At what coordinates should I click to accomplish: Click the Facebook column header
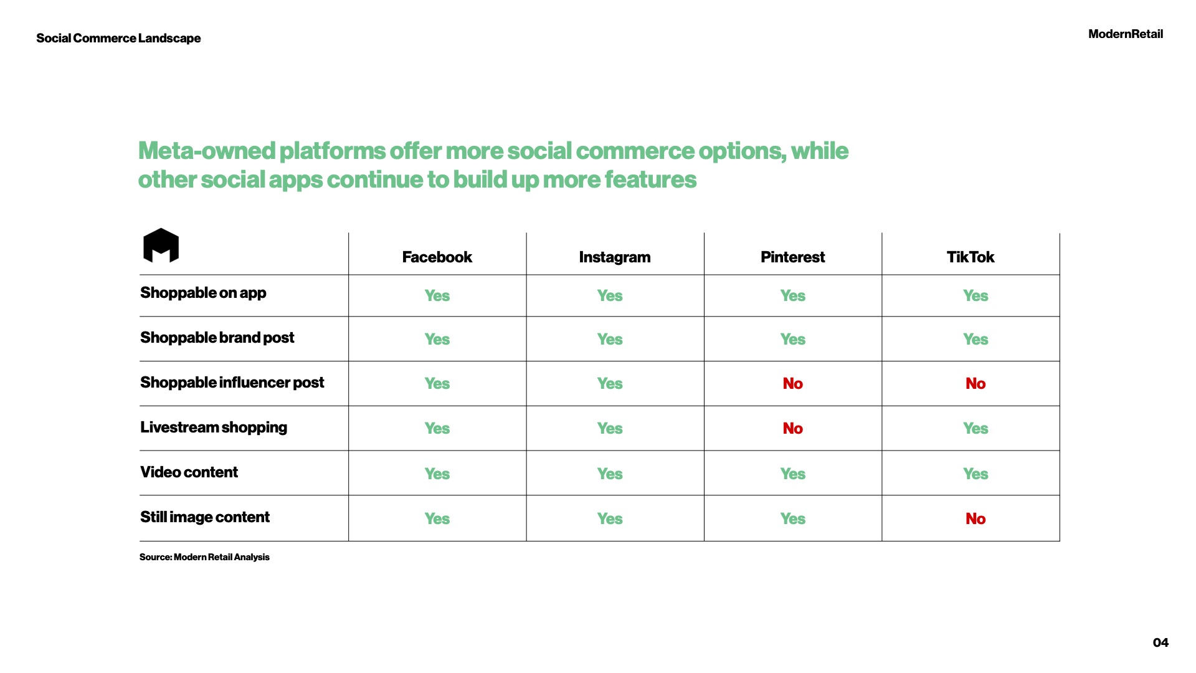pos(437,257)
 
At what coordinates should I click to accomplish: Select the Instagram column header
pos(614,257)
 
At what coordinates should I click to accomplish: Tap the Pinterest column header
pos(792,257)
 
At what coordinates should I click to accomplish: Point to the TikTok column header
pos(970,257)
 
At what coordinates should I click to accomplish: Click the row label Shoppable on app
pos(203,293)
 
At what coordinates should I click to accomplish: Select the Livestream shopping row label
pos(214,427)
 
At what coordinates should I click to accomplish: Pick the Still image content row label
pos(205,517)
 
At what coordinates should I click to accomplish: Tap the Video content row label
pos(189,472)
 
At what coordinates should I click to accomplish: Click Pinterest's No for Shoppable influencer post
pos(792,383)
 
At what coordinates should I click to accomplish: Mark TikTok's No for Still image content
pos(975,518)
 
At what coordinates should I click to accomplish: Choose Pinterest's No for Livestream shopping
pos(792,428)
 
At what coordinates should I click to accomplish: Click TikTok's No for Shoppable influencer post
pos(975,383)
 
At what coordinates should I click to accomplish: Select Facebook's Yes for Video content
pos(437,474)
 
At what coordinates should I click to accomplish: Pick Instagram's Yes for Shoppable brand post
pos(610,339)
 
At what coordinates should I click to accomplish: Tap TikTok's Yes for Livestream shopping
pos(975,428)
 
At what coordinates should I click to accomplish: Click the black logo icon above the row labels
pos(161,246)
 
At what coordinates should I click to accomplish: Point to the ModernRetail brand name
pos(1126,34)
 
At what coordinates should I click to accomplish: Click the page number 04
pos(1160,642)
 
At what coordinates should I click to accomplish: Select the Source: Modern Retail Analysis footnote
pos(204,557)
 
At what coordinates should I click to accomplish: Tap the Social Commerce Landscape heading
pos(118,38)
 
